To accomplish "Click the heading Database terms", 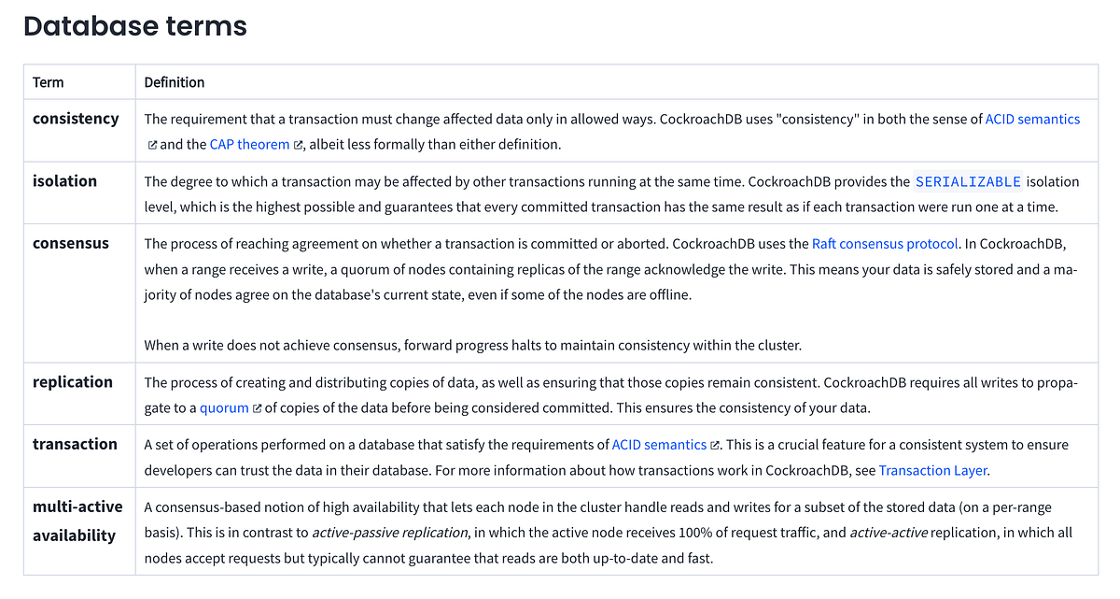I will tap(135, 25).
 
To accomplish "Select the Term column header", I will tap(49, 82).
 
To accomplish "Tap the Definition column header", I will tap(175, 82).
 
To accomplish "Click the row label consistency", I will tap(76, 119).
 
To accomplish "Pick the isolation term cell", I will tap(64, 181).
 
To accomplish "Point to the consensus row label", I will tap(71, 244).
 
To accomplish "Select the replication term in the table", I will tap(73, 382).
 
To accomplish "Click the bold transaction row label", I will tap(75, 445).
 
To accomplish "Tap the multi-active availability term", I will tap(77, 521).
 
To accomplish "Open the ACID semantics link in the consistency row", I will tap(1032, 119).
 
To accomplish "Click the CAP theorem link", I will tap(249, 145).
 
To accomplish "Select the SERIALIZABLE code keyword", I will tap(968, 181).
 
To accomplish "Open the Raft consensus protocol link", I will tap(885, 244).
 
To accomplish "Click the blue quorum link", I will tap(224, 408).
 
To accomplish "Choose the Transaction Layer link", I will tap(932, 471).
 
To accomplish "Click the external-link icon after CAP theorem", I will tap(299, 146).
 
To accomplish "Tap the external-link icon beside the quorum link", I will tap(258, 409).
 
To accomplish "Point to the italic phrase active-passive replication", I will tap(388, 533).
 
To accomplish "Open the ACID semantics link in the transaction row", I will tap(659, 445).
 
